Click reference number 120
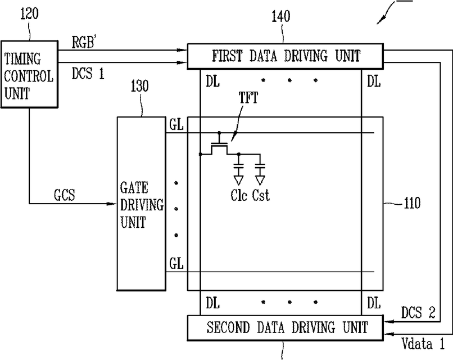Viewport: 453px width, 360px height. pyautogui.click(x=29, y=13)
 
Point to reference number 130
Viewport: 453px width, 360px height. pyautogui.click(x=140, y=86)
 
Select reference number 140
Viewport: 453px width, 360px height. pyautogui.click(x=280, y=16)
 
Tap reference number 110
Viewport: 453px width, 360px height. pyautogui.click(x=411, y=203)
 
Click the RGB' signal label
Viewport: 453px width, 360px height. pyautogui.click(x=84, y=43)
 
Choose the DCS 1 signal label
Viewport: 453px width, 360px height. pyautogui.click(x=88, y=73)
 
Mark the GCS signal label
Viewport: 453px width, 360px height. pyautogui.click(x=65, y=195)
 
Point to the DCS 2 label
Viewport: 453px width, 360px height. pyautogui.click(x=418, y=313)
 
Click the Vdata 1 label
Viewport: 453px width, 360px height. pyautogui.click(x=423, y=344)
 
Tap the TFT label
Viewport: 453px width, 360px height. pyautogui.click(x=248, y=97)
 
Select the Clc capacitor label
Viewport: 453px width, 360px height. pyautogui.click(x=239, y=195)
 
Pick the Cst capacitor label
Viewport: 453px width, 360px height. pyautogui.click(x=261, y=195)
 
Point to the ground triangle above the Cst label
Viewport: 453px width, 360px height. pyautogui.click(x=260, y=181)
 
